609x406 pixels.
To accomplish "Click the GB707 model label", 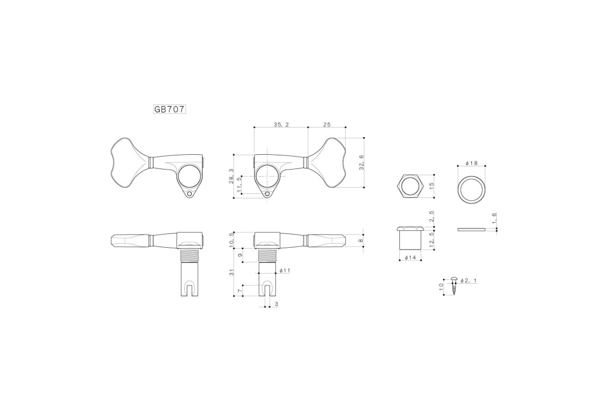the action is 170,109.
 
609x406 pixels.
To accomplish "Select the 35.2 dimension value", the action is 281,124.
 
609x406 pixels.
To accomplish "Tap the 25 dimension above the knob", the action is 327,124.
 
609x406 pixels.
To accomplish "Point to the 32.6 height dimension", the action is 361,162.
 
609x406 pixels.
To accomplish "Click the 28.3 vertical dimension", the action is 231,176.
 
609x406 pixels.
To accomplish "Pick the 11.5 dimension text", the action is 239,185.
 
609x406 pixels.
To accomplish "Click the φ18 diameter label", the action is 471,163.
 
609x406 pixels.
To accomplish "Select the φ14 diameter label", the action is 410,257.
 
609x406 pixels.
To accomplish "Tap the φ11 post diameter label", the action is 285,270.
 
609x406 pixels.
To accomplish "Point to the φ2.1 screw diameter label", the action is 468,281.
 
